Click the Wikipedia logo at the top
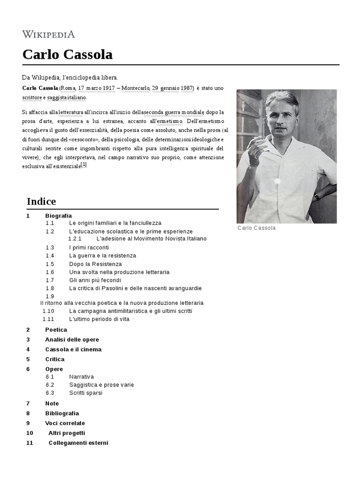48,34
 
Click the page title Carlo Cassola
68,54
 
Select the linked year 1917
109,88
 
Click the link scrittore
32,98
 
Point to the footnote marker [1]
84,165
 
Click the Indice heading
41,202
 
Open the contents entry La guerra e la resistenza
102,256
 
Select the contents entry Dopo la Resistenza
95,264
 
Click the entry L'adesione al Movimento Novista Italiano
151,239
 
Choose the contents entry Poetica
56,330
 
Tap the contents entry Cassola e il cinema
73,349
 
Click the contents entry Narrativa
81,377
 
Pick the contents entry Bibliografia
62,413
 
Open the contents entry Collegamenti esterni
78,442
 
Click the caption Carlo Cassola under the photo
257,228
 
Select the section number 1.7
50,280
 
